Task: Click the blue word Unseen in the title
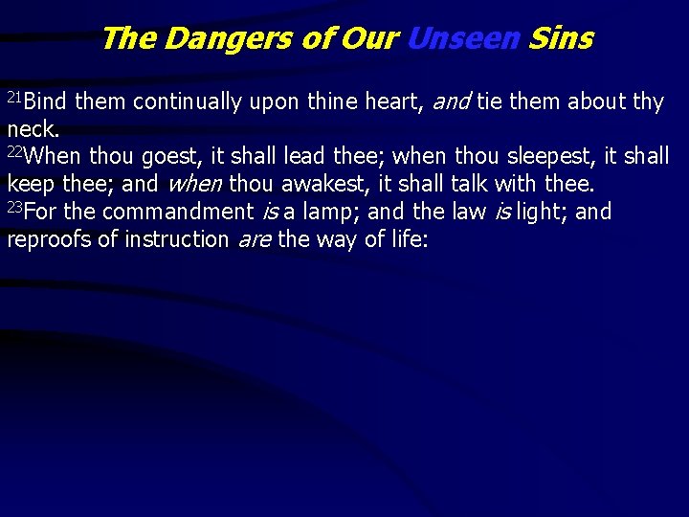(464, 38)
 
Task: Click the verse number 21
(15, 97)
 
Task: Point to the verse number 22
(15, 150)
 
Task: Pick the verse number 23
(15, 206)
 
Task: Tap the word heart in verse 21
(393, 102)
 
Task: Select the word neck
(32, 128)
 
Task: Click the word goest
(167, 156)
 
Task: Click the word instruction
(175, 239)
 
